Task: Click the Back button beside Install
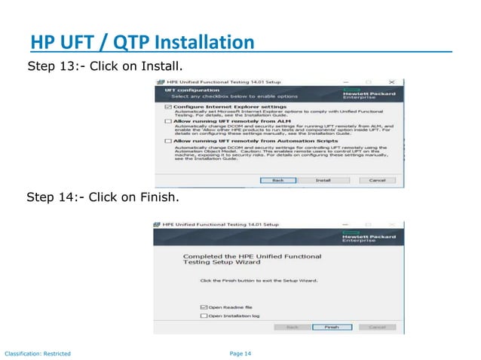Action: [277, 181]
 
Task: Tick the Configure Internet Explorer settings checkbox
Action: [167, 107]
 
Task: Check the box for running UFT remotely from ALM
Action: [167, 120]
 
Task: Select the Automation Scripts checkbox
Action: [167, 140]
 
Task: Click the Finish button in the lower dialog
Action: [332, 328]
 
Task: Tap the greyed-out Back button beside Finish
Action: [293, 328]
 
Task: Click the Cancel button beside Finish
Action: [377, 328]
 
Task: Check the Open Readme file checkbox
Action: [204, 307]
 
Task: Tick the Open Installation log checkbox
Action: [204, 316]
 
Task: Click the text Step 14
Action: [54, 198]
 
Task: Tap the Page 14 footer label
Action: [240, 353]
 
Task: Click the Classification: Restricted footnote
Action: [38, 353]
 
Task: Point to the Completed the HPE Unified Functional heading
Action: [252, 256]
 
